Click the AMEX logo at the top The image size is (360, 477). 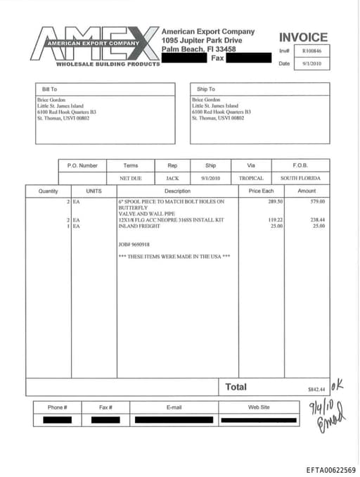pyautogui.click(x=96, y=45)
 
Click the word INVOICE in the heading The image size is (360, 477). pyautogui.click(x=303, y=37)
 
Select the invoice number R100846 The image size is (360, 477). pyautogui.click(x=311, y=51)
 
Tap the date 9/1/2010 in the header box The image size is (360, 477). pyautogui.click(x=311, y=64)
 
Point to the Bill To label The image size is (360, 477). pyautogui.click(x=49, y=89)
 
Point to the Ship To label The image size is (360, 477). pyautogui.click(x=206, y=89)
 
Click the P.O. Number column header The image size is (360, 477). pyautogui.click(x=82, y=165)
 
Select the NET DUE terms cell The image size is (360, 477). pyautogui.click(x=131, y=179)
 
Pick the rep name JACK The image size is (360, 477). pyautogui.click(x=172, y=179)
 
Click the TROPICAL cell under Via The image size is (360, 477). pyautogui.click(x=251, y=179)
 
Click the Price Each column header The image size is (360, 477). pyautogui.click(x=261, y=191)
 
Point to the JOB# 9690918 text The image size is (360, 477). pyautogui.click(x=134, y=244)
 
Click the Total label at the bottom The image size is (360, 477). pyautogui.click(x=236, y=386)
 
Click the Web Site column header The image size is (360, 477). pyautogui.click(x=258, y=407)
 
